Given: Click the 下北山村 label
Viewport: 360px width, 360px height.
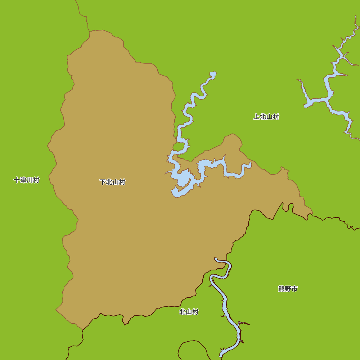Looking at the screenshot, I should [112, 182].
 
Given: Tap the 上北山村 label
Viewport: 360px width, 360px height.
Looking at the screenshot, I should [266, 117].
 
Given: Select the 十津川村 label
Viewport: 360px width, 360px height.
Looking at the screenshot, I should [26, 180].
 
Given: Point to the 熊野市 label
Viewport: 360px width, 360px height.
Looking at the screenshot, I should [288, 289].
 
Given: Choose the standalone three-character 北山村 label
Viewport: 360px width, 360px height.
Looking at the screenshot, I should [189, 312].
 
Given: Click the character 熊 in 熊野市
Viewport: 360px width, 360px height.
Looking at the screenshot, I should [282, 289].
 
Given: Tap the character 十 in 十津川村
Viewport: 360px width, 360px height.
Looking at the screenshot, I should [17, 180].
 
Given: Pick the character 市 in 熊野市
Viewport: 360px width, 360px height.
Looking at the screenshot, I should [294, 289].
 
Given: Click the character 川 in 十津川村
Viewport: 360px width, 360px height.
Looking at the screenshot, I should [30, 180].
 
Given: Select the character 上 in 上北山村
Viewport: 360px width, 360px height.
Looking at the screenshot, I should [256, 117].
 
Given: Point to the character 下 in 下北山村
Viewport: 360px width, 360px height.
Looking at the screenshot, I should [103, 182].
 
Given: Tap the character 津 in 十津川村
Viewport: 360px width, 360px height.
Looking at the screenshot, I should [23, 180].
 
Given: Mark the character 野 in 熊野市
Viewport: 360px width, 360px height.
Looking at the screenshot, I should [288, 289].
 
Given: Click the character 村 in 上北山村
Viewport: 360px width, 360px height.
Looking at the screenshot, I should [276, 117].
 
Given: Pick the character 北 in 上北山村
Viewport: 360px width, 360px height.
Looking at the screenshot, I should [263, 117].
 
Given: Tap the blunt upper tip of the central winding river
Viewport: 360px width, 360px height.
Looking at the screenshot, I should [213, 74].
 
